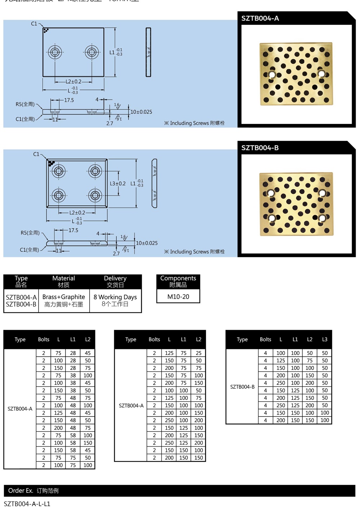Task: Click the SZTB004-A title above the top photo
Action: (260, 18)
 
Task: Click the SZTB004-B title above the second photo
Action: (260, 148)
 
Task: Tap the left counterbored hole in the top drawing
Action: (55, 52)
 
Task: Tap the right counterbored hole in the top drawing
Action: (91, 52)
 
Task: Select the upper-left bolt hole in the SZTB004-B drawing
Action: (58, 170)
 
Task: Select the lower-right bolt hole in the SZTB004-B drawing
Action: (95, 196)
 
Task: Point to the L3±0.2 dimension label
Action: (117, 183)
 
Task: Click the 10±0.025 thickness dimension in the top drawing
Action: (141, 112)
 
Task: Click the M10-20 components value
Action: (178, 297)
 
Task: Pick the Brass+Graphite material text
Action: (64, 297)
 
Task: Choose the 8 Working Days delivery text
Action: (115, 297)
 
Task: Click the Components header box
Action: (178, 281)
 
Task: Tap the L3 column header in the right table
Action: (325, 339)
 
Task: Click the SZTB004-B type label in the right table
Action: (242, 387)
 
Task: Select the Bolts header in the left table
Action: (44, 339)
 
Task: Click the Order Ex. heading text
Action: (21, 491)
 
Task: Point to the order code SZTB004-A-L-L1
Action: (27, 504)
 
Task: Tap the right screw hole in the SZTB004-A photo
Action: (321, 74)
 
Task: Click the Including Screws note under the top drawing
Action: (194, 123)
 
